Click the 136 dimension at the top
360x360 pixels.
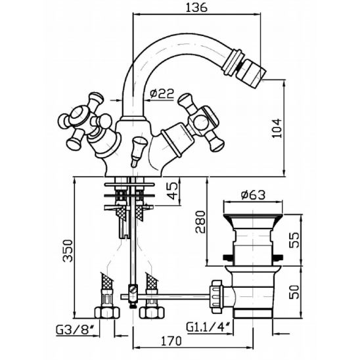[196, 8]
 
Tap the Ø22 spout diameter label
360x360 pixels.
[162, 93]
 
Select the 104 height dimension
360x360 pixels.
[277, 128]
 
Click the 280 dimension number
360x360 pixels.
[200, 222]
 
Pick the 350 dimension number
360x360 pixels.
[68, 251]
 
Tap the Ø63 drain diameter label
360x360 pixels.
[253, 195]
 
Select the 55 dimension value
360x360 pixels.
[294, 240]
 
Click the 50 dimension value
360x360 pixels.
[294, 292]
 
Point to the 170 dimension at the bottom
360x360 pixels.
[171, 341]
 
